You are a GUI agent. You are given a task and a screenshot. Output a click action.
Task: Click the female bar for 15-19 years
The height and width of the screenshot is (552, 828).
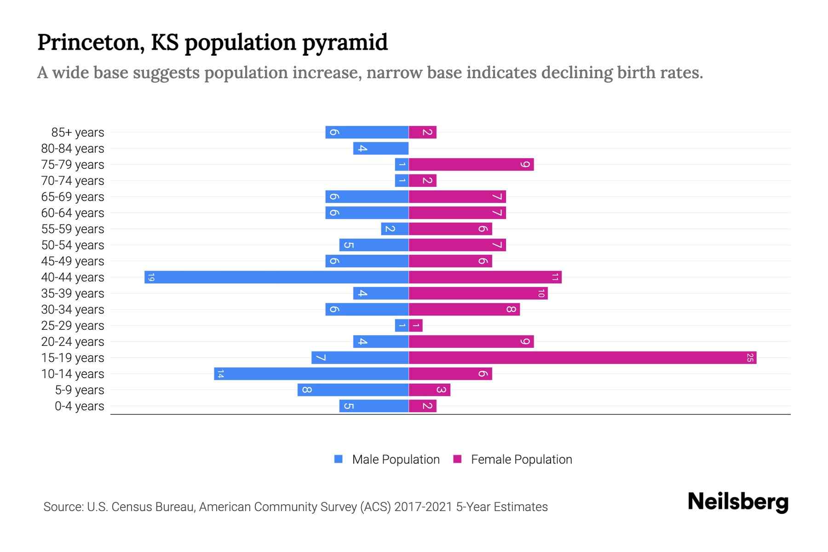(x=582, y=357)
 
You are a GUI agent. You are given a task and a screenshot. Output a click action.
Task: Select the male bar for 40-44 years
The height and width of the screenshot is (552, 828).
(x=276, y=277)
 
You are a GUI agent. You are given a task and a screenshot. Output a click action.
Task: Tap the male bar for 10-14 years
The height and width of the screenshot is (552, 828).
(x=311, y=374)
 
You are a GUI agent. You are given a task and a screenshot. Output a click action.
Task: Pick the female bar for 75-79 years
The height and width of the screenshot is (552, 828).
(x=471, y=164)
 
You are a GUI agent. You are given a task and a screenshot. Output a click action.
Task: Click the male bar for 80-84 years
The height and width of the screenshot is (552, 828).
(x=381, y=148)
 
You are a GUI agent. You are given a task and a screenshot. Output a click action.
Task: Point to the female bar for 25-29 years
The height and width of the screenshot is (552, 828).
(x=416, y=325)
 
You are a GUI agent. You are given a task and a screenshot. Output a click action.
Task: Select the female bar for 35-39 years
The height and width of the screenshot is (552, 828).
(x=478, y=293)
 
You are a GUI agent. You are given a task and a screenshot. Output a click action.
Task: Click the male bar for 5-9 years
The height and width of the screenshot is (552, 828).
(x=353, y=390)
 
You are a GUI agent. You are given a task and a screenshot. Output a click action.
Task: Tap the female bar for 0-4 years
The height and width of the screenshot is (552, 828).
(x=422, y=406)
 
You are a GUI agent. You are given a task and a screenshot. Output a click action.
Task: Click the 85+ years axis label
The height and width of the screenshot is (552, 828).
(x=78, y=132)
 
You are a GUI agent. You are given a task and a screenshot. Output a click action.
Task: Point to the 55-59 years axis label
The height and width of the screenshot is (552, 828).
(x=73, y=229)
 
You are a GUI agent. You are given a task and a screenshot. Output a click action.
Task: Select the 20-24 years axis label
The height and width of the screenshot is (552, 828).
(x=73, y=342)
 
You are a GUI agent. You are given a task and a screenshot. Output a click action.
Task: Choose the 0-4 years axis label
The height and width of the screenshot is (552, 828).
(x=79, y=406)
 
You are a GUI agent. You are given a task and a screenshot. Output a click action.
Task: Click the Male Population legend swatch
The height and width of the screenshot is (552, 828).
(x=339, y=459)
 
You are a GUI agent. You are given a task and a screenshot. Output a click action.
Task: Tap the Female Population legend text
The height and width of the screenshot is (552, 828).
(x=521, y=459)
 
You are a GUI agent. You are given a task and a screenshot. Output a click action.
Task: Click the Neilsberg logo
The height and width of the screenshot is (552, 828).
(x=738, y=502)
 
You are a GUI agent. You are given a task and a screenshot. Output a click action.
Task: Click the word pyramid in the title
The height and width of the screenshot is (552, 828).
(x=345, y=42)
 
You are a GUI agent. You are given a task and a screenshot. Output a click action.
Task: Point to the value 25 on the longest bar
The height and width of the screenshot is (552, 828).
(x=750, y=357)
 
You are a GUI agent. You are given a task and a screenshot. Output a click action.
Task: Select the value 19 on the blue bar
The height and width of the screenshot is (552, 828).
(x=151, y=277)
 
